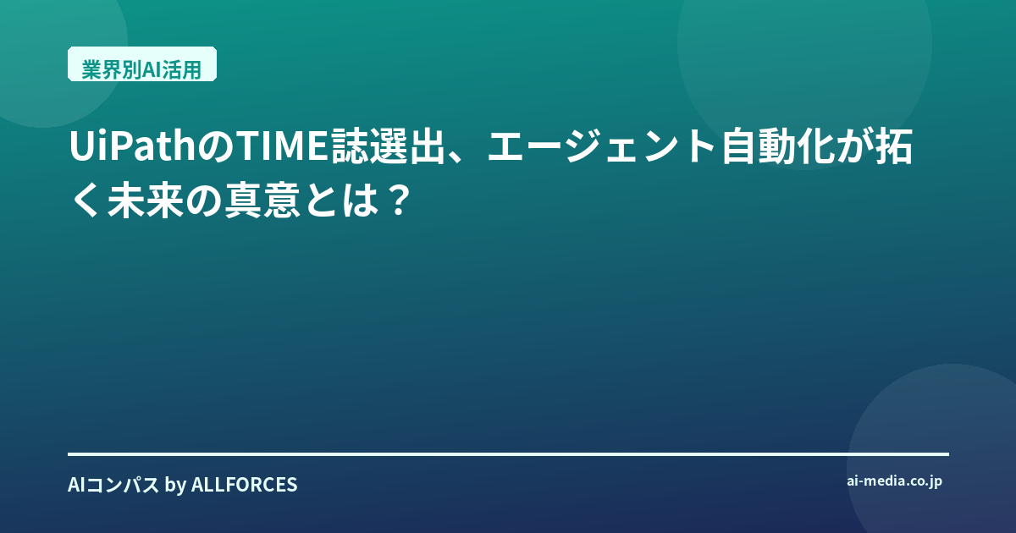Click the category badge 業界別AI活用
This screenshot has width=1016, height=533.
(x=142, y=64)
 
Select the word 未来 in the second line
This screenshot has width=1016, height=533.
(x=145, y=200)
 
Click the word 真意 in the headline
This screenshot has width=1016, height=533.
(x=262, y=200)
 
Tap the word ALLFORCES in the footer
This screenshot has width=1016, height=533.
(x=245, y=485)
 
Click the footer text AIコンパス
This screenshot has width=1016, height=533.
(x=113, y=485)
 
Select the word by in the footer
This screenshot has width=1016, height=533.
(x=175, y=486)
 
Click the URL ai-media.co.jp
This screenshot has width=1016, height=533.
(x=894, y=481)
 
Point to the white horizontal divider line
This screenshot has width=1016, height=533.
(x=508, y=453)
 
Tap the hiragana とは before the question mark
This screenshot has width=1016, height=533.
(x=342, y=200)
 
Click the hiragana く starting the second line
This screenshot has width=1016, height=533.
(x=86, y=200)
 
